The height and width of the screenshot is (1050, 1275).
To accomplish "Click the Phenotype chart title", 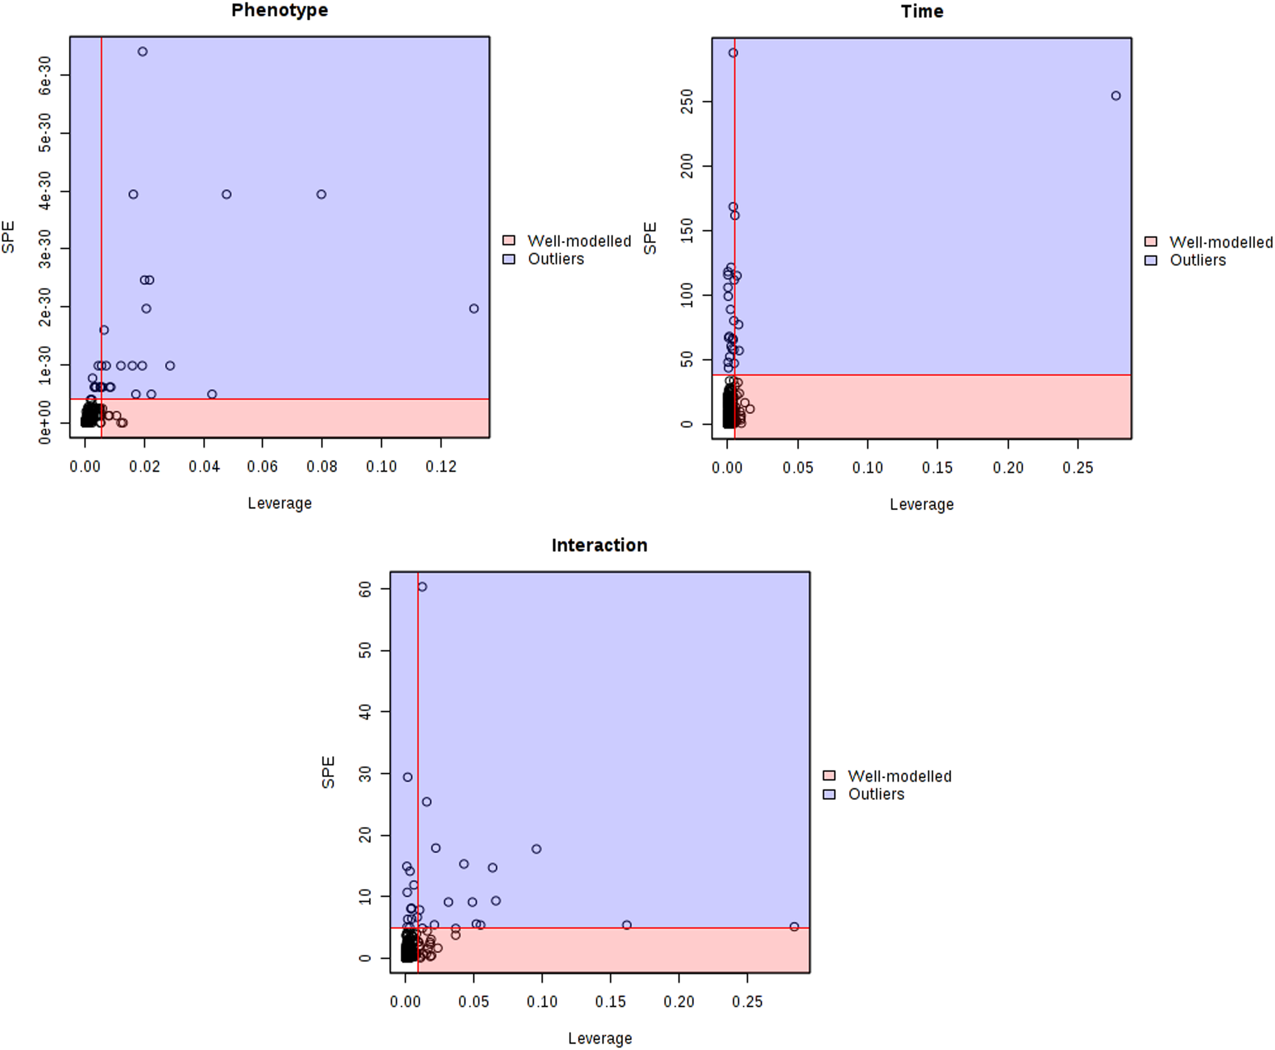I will (279, 10).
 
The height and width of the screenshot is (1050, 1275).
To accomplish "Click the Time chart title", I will (922, 12).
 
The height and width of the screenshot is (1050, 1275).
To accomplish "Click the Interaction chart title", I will (599, 545).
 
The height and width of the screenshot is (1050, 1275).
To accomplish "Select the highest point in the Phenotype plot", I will (142, 52).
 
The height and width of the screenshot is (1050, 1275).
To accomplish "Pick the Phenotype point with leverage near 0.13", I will (474, 308).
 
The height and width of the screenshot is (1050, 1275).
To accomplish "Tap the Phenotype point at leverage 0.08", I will (321, 194).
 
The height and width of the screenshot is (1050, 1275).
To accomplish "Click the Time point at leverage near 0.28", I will (1116, 95).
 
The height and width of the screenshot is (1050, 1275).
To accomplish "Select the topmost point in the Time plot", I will (733, 53).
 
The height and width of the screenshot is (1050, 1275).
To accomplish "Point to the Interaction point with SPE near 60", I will (422, 587).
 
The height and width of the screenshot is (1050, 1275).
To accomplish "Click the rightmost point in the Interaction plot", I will (795, 927).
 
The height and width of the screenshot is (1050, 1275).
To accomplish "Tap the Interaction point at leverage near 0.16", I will (627, 925).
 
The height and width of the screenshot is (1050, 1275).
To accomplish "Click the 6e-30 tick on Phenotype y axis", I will (45, 75).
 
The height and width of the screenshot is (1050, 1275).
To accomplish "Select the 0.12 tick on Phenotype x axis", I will (441, 467).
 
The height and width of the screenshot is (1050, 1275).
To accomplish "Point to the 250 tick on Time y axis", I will (687, 101).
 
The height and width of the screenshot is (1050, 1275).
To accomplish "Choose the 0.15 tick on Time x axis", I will (937, 468).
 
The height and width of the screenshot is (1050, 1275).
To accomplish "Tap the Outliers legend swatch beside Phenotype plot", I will (509, 259).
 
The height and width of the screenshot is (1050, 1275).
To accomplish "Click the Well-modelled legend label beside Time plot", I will (1220, 243).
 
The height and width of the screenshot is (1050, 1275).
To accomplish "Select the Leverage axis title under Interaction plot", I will (600, 1038).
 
